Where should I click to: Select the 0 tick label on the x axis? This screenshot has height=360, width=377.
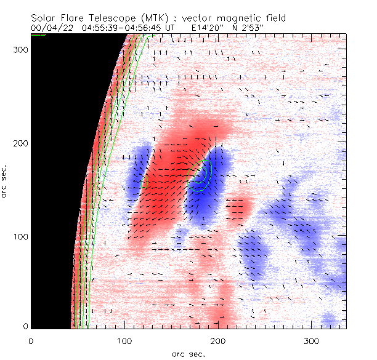click(x=31, y=340)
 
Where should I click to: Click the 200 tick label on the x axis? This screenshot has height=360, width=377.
click(x=217, y=340)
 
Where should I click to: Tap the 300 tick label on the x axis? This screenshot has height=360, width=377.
click(x=311, y=340)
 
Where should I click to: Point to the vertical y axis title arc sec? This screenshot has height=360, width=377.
click(x=6, y=182)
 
